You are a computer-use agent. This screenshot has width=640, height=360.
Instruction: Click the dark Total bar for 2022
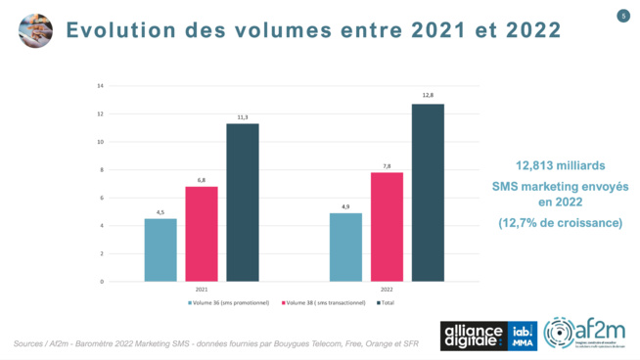point(428,193)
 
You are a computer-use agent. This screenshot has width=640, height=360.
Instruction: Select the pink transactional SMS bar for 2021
point(202,234)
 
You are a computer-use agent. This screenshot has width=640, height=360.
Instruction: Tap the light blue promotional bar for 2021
point(160,249)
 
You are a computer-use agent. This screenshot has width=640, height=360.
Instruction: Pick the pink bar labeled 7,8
point(387,227)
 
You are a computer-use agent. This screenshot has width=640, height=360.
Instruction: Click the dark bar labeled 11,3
point(243,202)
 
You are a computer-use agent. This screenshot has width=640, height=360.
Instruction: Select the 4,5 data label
point(160,211)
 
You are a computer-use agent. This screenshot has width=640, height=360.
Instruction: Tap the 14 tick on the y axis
point(127,86)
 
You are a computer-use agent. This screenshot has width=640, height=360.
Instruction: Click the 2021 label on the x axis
point(202,290)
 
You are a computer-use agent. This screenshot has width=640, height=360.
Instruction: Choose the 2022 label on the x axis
point(387,290)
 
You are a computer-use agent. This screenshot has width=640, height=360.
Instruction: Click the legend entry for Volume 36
point(231,303)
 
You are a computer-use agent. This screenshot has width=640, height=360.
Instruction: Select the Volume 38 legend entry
point(325,303)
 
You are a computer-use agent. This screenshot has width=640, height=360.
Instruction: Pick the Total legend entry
point(385,303)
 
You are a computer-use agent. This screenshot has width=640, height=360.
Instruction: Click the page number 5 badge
point(622,16)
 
